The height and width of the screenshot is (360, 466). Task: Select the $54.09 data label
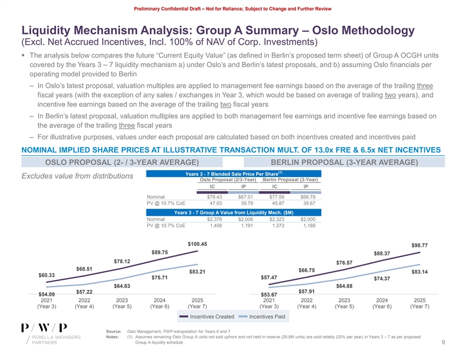pos(46,294)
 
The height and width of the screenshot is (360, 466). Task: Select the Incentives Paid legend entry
pos(267,317)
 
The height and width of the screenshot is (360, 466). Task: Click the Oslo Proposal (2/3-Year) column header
pos(224,179)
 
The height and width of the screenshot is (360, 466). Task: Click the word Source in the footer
pos(113,332)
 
